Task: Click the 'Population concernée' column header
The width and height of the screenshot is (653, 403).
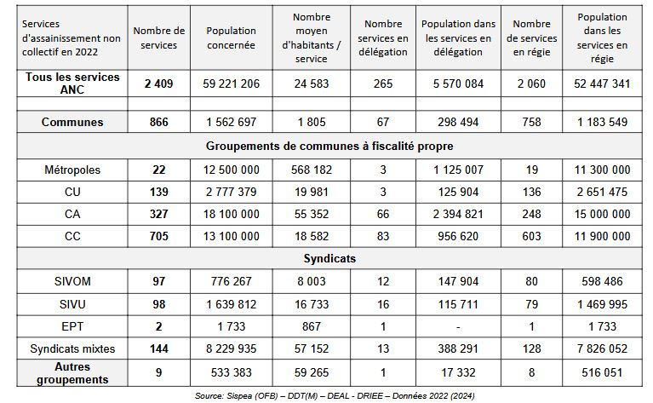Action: pos(231,37)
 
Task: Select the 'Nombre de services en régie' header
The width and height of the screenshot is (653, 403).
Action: pos(532,37)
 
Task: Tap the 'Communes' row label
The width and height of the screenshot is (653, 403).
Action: pos(72,122)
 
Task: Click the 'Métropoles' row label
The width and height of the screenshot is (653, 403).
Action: pos(72,170)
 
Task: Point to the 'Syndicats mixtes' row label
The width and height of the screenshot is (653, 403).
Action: pos(72,348)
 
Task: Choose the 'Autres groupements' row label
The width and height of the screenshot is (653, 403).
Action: pos(72,373)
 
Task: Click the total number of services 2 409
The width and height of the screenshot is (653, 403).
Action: pos(158,83)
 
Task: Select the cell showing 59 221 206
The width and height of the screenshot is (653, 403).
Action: pos(231,83)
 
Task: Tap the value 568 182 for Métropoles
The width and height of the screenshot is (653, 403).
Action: pos(312,170)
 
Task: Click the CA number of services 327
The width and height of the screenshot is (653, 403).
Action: pos(158,214)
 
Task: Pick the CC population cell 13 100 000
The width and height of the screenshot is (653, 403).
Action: pos(231,236)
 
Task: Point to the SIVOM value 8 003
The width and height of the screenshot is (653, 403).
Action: pos(312,281)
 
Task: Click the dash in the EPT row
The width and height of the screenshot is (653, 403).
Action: pos(458,327)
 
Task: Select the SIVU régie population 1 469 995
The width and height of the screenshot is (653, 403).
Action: pos(602,304)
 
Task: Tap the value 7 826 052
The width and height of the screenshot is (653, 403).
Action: pos(602,348)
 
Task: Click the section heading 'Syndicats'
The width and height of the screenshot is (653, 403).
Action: pos(329,258)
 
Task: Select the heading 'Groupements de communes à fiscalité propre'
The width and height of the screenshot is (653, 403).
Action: pos(329,146)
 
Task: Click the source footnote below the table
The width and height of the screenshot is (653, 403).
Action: pos(335,395)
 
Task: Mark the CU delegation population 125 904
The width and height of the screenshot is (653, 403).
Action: pos(458,192)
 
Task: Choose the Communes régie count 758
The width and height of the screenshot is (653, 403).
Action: pos(532,122)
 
